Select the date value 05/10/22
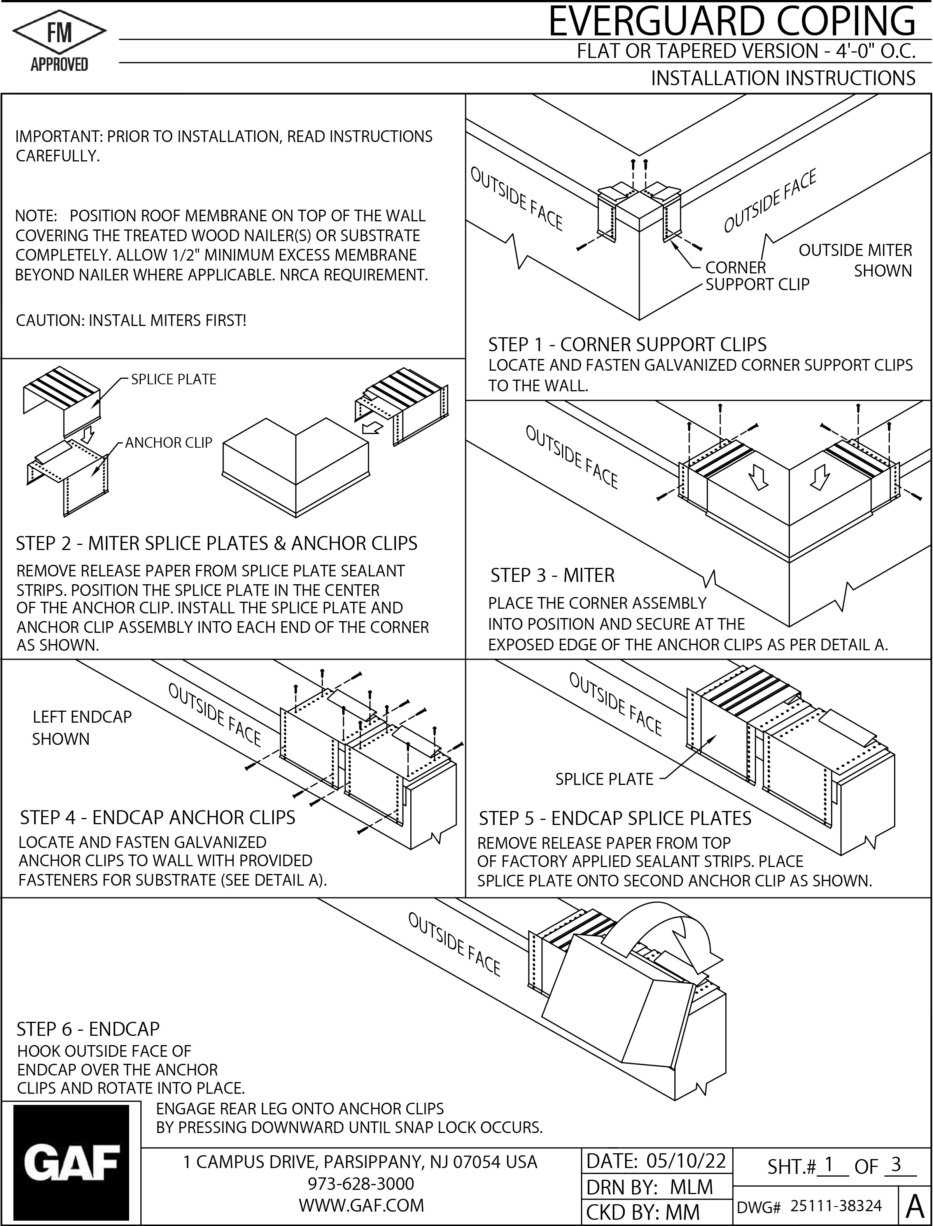[x=686, y=1161]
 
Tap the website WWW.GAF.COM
[x=361, y=1205]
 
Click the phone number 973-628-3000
[x=361, y=1183]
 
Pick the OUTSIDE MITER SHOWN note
[x=855, y=261]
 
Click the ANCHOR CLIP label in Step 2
[x=168, y=443]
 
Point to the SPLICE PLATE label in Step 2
[x=173, y=379]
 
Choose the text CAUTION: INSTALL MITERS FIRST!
[x=131, y=321]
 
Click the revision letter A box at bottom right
[x=914, y=1206]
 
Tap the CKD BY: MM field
[x=642, y=1212]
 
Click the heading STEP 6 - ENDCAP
[x=88, y=1029]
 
